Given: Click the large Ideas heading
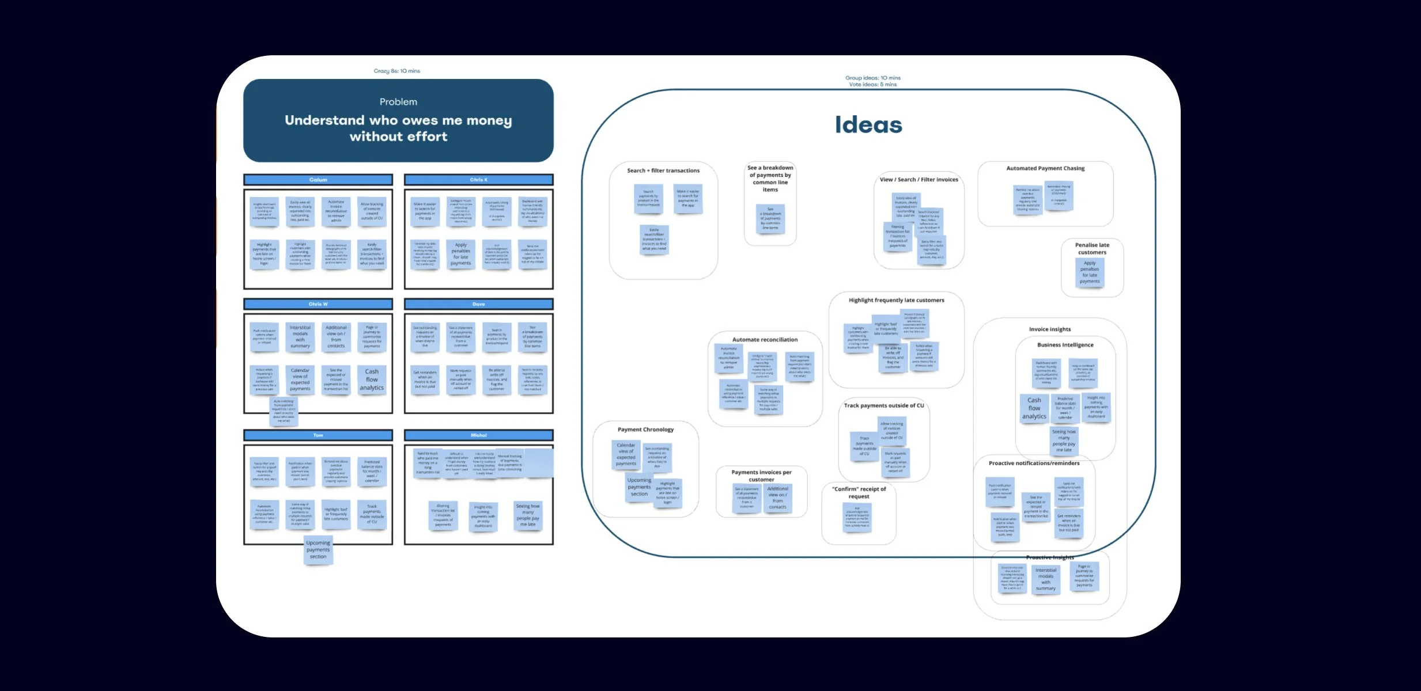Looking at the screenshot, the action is (868, 125).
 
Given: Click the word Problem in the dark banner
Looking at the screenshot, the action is (398, 102).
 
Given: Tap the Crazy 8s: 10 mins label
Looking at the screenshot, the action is (396, 71).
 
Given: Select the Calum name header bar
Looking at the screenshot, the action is (318, 180).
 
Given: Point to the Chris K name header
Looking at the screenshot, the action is (478, 180).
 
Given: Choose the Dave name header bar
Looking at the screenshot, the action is (478, 304).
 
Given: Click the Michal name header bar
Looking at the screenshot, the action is (478, 435).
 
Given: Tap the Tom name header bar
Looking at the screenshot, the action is (318, 435).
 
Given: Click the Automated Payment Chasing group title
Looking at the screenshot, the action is (1045, 168).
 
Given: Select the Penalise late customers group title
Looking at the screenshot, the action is (1092, 249).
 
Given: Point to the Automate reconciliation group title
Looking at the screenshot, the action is (765, 340).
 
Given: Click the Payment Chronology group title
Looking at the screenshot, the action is (645, 430).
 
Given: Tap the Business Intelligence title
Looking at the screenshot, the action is (1065, 345).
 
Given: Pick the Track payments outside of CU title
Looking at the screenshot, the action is (884, 405).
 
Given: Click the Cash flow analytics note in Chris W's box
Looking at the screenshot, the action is (372, 379).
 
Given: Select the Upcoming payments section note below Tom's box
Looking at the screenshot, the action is (318, 550).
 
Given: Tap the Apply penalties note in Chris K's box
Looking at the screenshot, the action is (460, 254).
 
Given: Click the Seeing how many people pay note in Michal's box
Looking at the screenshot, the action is (528, 515).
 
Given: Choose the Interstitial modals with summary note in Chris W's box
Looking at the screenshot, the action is (300, 337).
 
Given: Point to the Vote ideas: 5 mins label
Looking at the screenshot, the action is (872, 85).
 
